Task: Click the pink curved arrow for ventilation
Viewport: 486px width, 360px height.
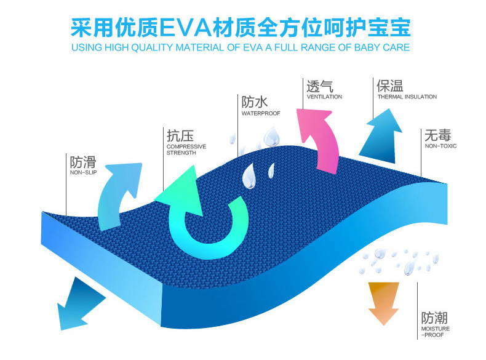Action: tap(321, 134)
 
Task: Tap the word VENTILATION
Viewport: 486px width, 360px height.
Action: tap(324, 97)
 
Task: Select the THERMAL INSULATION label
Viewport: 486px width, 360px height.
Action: tap(407, 97)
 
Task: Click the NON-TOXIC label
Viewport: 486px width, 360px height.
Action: tap(440, 146)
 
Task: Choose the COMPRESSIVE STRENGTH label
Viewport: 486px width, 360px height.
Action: tap(186, 150)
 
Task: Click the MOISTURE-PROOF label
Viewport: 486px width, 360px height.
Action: tap(436, 332)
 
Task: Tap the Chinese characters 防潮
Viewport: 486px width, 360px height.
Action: tap(435, 318)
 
